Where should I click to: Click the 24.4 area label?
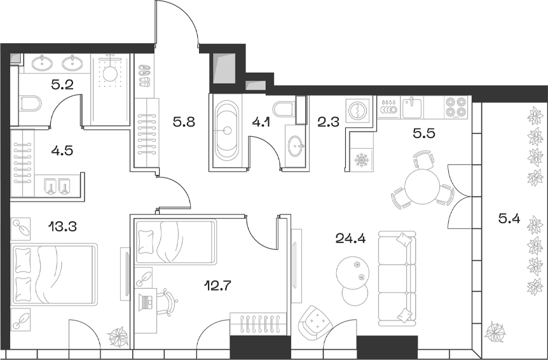tap(348, 239)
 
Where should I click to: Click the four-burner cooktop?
tap(456, 107)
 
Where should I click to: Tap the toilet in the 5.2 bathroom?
tap(30, 103)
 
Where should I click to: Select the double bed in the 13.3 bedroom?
tap(55, 273)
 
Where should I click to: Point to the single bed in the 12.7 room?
tap(175, 241)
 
